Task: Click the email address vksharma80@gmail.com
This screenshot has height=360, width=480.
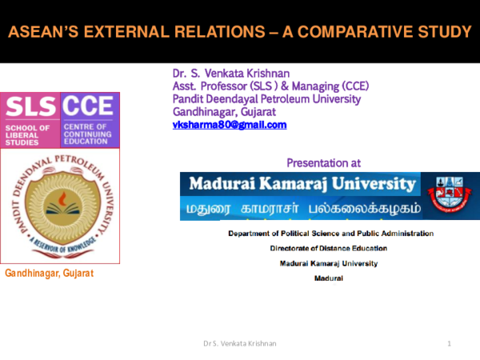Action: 229,125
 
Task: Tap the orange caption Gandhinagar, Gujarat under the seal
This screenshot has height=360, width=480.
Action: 50,274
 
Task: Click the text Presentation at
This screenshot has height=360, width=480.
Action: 323,162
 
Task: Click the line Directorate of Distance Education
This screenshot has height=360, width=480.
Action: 328,248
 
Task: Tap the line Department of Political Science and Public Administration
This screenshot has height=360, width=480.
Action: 330,234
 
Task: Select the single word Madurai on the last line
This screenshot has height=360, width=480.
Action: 328,278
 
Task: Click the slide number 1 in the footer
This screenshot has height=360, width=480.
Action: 450,343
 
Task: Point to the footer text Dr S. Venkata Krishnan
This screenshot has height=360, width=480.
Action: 240,343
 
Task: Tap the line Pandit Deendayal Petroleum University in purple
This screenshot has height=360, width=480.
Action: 266,99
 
